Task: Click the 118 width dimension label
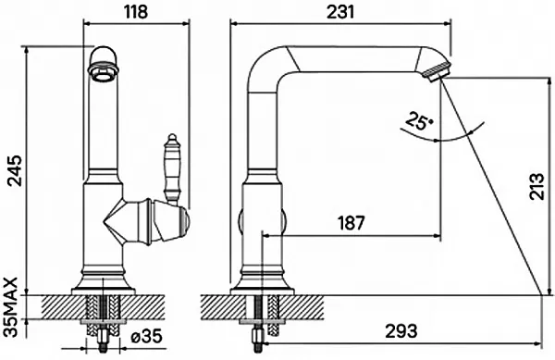pos(136,12)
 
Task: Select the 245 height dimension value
pos(16,170)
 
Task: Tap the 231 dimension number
pos(340,12)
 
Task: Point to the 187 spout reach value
pos(351,223)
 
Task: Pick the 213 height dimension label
pos(536,186)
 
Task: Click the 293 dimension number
pos(401,331)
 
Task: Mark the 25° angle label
pos(420,121)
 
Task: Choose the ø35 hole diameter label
pos(146,336)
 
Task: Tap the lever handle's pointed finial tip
pos(172,134)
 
